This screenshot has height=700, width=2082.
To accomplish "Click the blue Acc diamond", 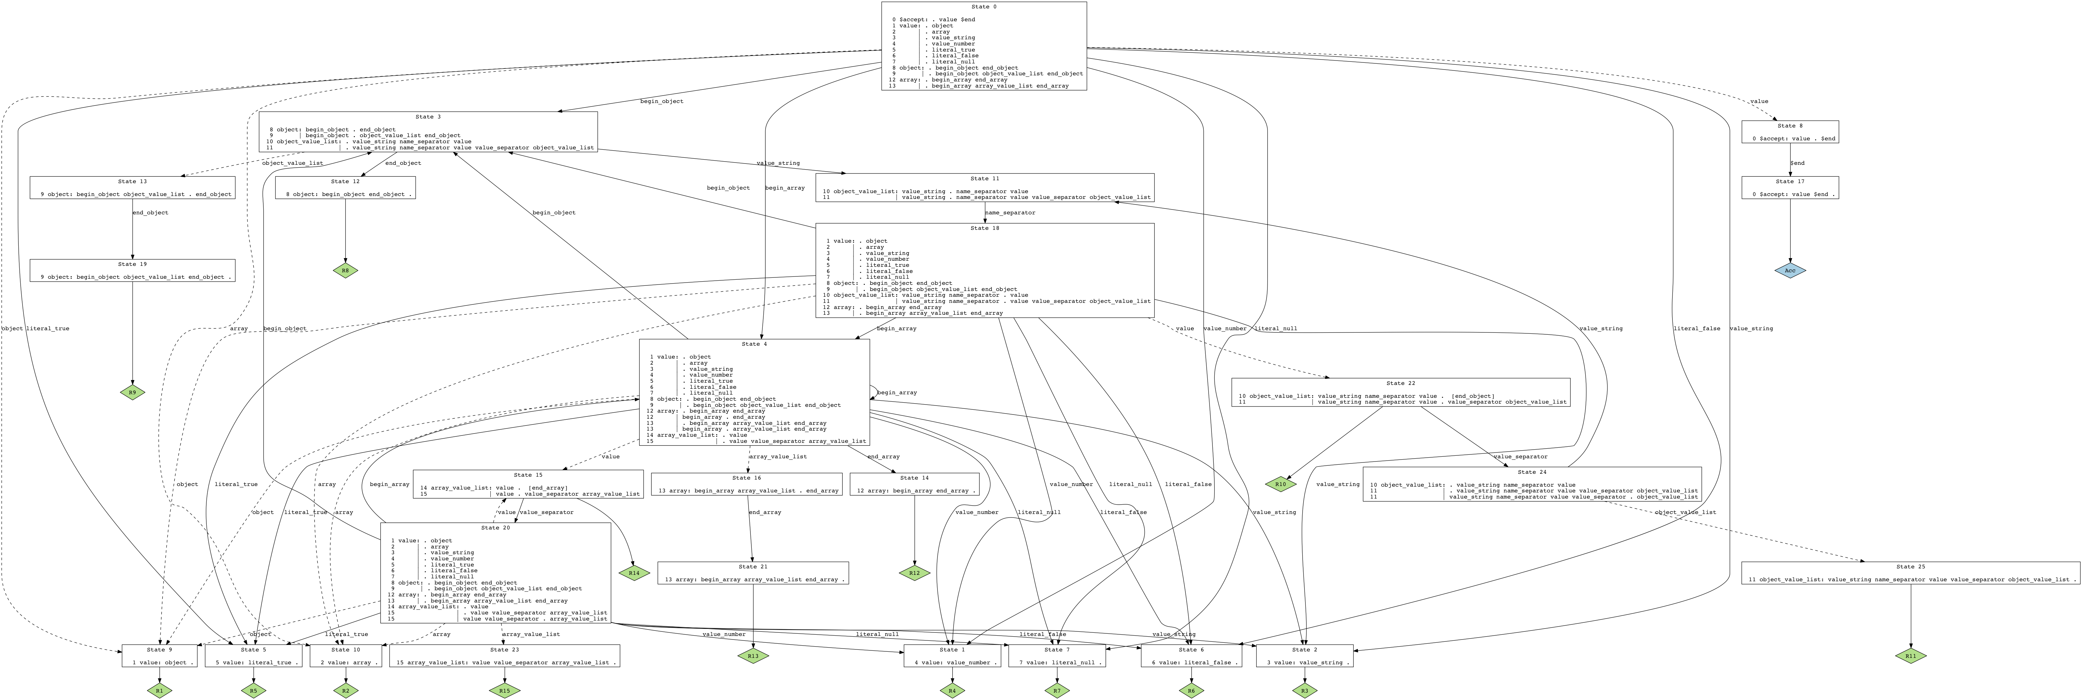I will pos(1790,271).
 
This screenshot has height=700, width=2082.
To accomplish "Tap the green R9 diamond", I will pos(133,393).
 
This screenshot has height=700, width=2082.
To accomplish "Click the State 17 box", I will pos(1790,188).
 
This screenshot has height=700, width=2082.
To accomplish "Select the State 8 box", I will pos(1790,132).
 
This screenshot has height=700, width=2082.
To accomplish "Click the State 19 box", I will pos(133,270).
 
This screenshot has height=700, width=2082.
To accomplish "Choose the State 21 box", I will pos(752,573).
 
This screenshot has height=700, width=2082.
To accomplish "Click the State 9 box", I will pos(159,656).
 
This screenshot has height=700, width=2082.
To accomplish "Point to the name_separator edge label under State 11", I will pos(1010,213).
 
